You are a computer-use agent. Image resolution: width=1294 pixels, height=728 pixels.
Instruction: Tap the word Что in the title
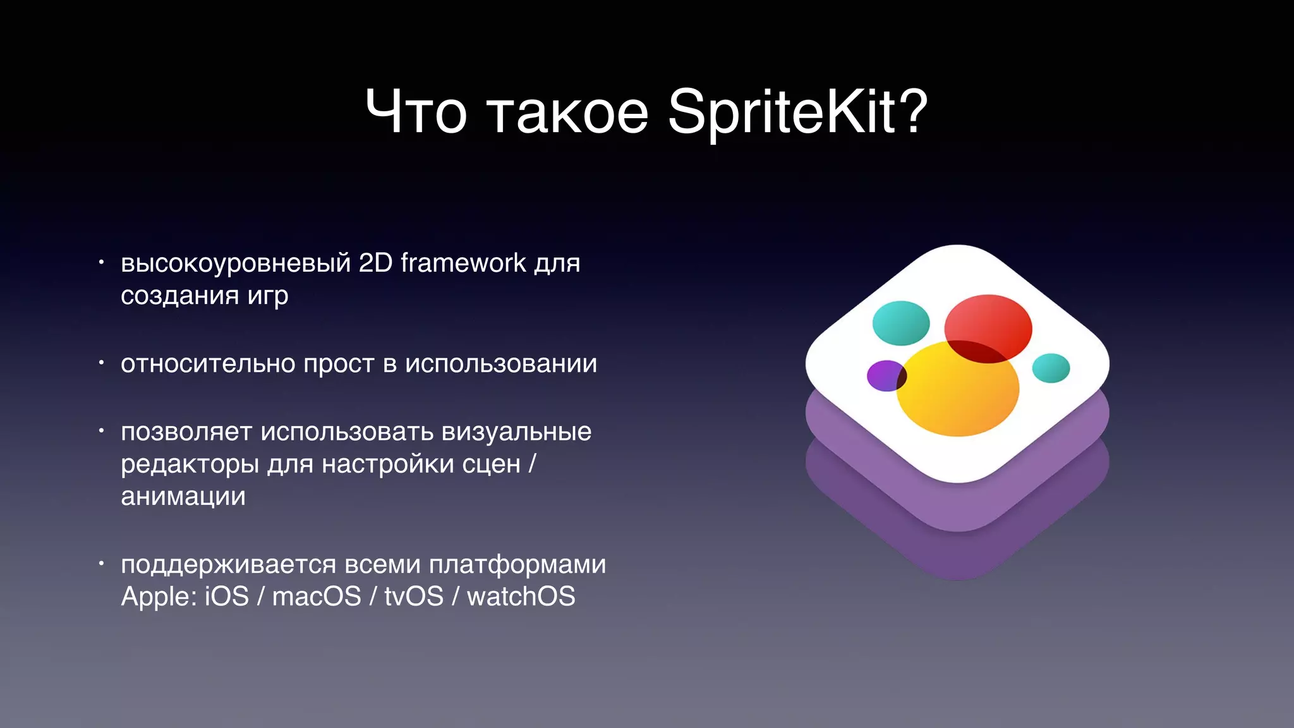point(416,112)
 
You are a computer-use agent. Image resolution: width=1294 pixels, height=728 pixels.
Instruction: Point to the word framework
point(463,263)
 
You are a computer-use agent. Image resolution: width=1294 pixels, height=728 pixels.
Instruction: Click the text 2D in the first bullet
point(376,263)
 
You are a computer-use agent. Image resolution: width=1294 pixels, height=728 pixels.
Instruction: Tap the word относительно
point(207,364)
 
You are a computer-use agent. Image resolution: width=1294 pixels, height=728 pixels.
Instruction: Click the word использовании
point(501,364)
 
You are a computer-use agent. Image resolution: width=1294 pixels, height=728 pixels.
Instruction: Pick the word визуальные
point(517,432)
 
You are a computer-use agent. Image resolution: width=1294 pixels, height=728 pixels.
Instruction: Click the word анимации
point(183,497)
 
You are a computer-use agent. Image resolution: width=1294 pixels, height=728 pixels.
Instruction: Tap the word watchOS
point(521,597)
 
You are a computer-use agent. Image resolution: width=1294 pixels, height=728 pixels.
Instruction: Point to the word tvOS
point(414,597)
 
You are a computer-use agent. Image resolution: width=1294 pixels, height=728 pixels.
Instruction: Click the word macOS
point(317,597)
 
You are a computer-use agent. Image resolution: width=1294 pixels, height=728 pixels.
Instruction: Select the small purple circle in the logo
point(883,375)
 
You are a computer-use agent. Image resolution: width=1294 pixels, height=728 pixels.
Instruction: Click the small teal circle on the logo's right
point(1051,368)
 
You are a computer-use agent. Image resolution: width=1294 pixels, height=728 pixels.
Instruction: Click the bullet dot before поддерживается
point(101,562)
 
